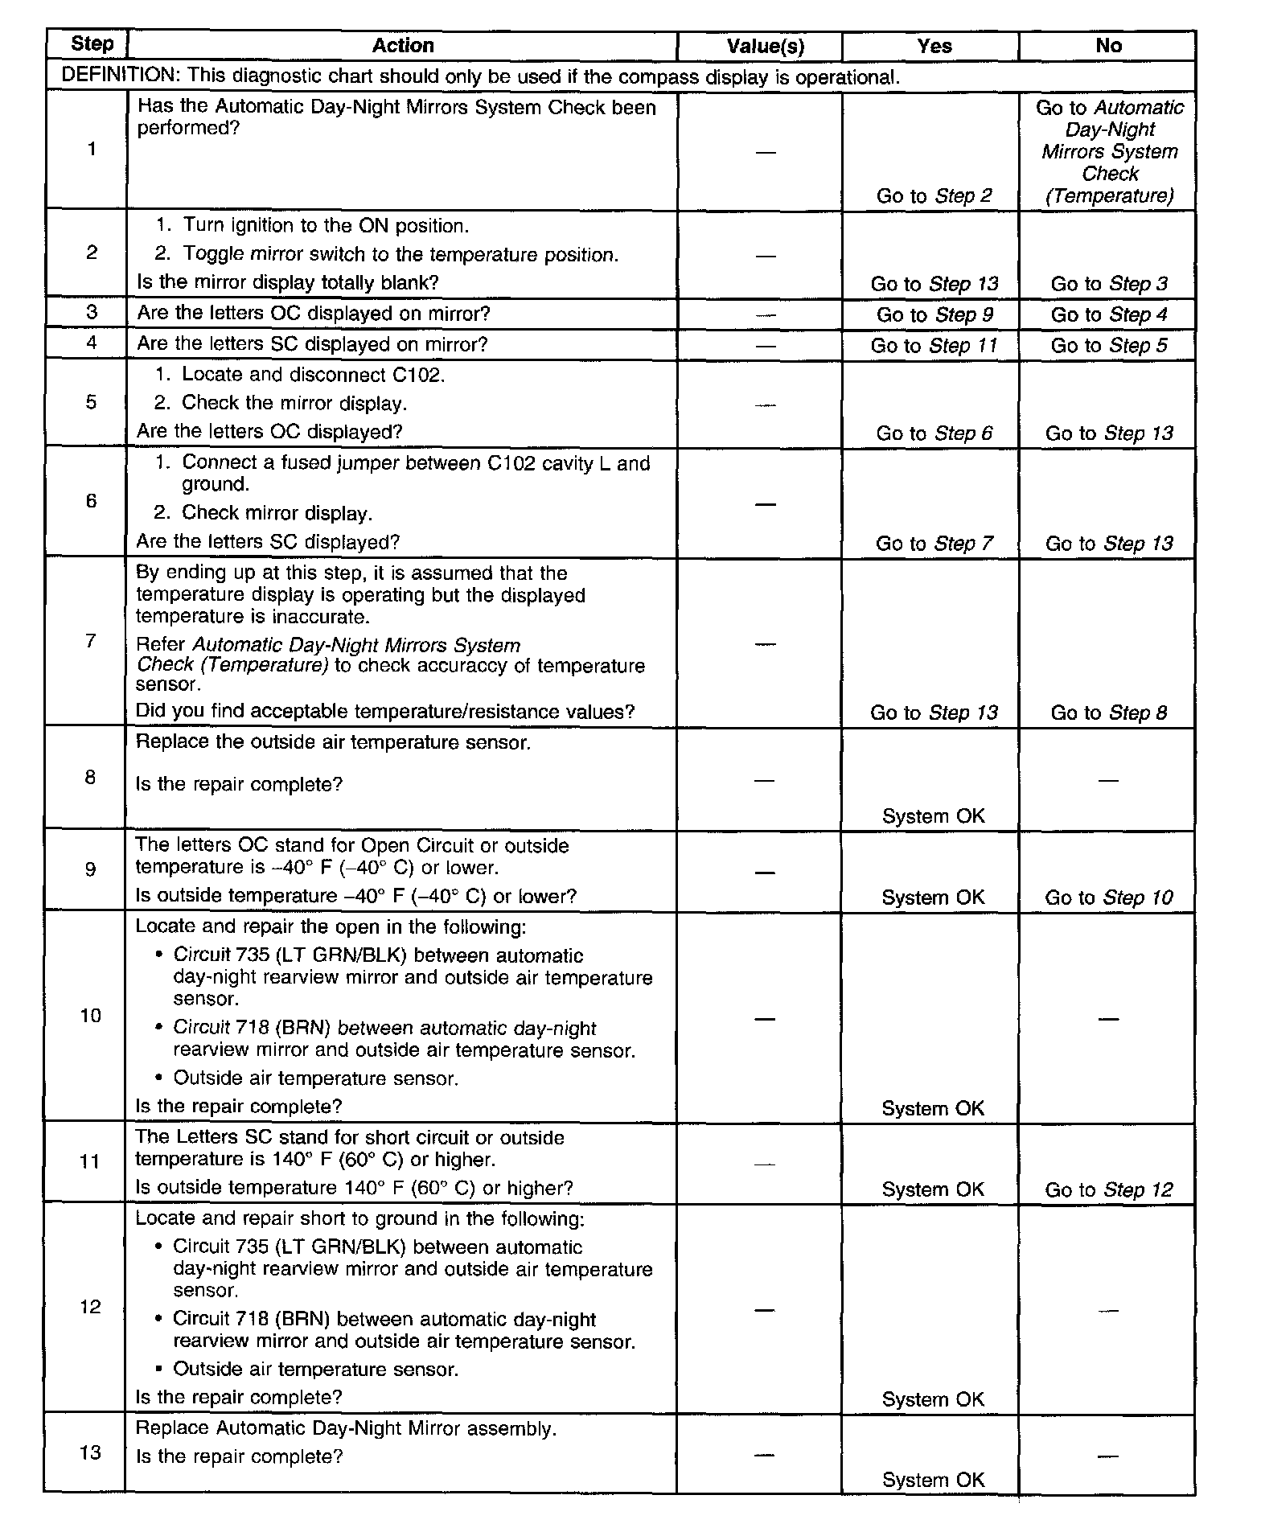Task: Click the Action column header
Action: [x=403, y=46]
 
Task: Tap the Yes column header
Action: [x=934, y=46]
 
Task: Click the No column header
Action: [x=1108, y=46]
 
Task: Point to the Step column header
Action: [x=92, y=43]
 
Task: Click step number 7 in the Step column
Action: [x=91, y=641]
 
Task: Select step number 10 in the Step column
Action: [x=91, y=1016]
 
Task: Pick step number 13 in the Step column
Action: [x=91, y=1452]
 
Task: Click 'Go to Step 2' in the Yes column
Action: [x=934, y=196]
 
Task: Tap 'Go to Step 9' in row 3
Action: [x=934, y=314]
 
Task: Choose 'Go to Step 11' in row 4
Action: [x=934, y=346]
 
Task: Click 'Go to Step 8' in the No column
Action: [x=1108, y=713]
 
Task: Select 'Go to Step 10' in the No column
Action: [x=1108, y=897]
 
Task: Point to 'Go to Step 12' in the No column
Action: [x=1108, y=1189]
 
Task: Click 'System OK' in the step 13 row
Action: [x=933, y=1480]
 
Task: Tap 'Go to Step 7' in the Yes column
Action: [x=934, y=544]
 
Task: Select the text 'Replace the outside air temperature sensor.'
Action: [x=333, y=742]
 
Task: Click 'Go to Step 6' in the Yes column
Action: [x=934, y=433]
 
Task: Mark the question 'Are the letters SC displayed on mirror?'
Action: [x=312, y=344]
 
